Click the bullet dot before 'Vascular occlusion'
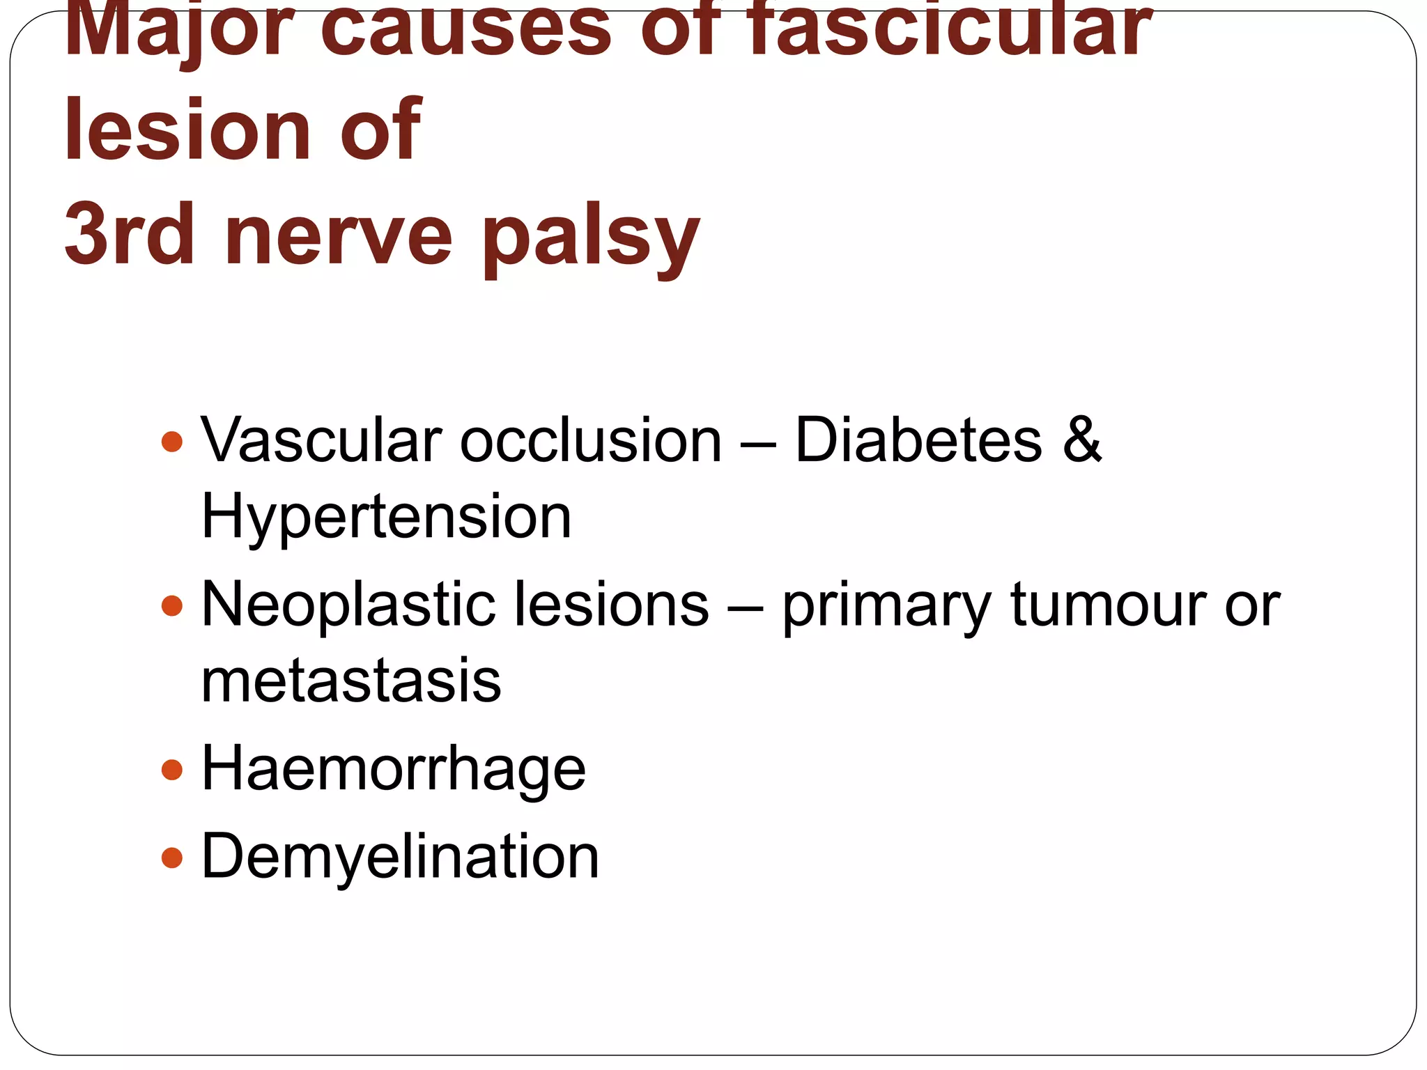(171, 442)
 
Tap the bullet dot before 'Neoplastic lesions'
(171, 605)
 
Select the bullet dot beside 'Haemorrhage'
(171, 770)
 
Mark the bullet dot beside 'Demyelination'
(171, 857)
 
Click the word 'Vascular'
(321, 440)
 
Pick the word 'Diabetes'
(918, 440)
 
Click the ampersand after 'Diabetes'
(1082, 440)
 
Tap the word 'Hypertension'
(386, 518)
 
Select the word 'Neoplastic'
(348, 605)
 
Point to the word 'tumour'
(1108, 605)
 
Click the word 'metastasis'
(351, 681)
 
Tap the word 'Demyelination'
(400, 857)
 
